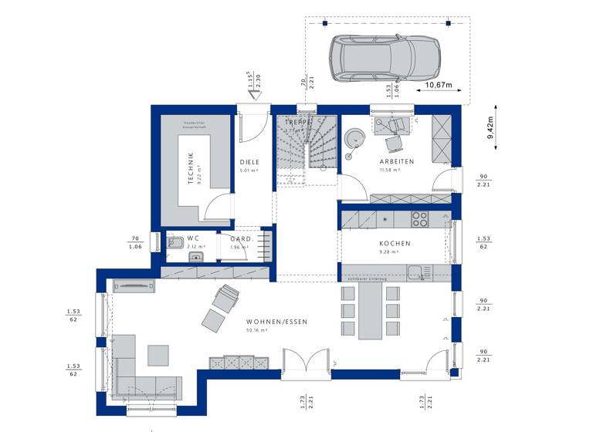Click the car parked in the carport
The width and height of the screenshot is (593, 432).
point(384,58)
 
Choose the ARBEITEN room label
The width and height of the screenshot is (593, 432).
point(396,161)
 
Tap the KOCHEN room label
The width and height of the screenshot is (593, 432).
point(395,243)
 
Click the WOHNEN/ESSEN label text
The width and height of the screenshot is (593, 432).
point(271,321)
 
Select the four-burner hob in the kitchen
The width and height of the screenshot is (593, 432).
point(419,219)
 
